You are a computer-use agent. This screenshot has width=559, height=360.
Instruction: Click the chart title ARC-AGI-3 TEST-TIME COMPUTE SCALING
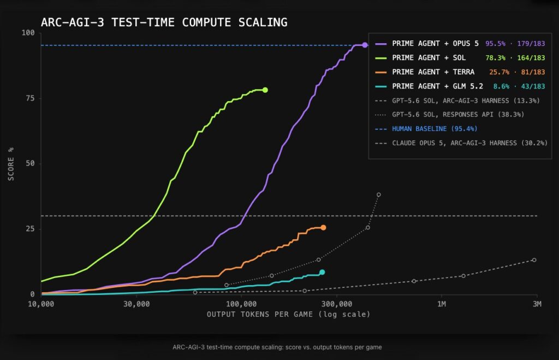[x=164, y=22]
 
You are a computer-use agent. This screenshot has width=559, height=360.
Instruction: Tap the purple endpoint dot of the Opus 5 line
[x=365, y=45]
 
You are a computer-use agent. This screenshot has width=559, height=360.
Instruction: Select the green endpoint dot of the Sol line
[x=265, y=90]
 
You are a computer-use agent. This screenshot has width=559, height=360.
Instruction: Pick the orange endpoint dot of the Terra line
[x=323, y=228]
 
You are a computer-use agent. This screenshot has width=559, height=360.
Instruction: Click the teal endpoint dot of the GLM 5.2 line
[x=322, y=272]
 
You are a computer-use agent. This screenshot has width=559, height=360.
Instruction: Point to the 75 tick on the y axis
[x=31, y=98]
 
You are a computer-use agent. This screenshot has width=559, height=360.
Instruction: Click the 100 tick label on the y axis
[x=28, y=33]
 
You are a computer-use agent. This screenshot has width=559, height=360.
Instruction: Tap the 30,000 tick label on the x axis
[x=137, y=304]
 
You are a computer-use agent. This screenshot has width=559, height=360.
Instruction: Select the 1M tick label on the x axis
[x=441, y=304]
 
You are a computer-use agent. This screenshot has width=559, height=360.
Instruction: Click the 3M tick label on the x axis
[x=537, y=304]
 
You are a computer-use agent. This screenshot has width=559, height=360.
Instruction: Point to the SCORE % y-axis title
[x=11, y=164]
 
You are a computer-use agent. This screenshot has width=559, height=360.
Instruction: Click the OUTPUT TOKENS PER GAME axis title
[x=288, y=314]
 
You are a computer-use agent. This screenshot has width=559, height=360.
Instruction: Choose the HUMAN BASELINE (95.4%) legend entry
[x=435, y=129]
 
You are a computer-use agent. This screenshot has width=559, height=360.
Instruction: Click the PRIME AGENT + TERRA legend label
[x=433, y=72]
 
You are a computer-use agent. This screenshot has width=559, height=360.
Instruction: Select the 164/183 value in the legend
[x=531, y=58]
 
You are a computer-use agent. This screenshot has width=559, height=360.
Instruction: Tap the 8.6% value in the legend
[x=501, y=86]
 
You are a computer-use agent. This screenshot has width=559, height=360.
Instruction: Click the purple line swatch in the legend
[x=380, y=44]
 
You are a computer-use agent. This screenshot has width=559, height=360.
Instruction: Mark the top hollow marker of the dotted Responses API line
[x=379, y=195]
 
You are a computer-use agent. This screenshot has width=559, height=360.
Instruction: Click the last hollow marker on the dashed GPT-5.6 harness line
[x=534, y=260]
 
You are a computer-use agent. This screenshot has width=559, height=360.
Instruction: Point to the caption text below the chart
[x=277, y=347]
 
